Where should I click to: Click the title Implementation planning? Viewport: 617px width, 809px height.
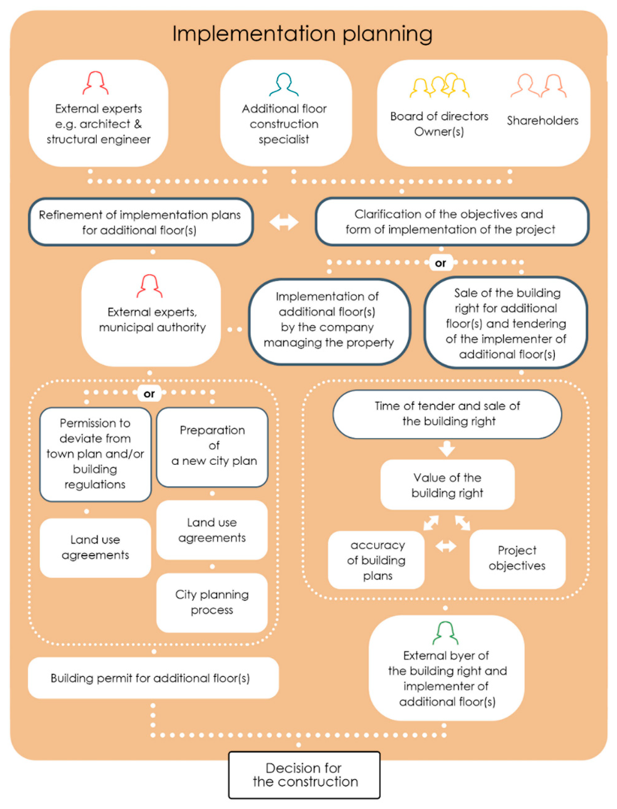coord(302,34)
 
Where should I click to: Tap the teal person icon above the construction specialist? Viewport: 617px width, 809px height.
coord(284,85)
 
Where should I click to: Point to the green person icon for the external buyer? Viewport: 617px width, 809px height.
coord(445,633)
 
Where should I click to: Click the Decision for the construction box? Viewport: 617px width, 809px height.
coord(304,775)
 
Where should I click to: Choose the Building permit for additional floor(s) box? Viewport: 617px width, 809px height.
coord(153,678)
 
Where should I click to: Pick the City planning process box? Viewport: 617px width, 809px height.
coord(212,602)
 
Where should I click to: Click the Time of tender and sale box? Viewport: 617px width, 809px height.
coord(447,414)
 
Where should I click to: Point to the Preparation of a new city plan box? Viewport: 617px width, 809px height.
coord(212,447)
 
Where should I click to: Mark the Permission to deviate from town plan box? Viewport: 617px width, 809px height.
coord(95,454)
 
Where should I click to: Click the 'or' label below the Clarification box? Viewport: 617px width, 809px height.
coord(440,263)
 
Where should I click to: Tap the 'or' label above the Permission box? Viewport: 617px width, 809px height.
coord(149,394)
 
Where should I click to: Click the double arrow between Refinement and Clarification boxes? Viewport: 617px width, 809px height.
coord(284,222)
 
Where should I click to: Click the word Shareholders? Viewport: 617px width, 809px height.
coord(542,120)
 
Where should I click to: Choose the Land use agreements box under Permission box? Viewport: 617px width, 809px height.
coord(95,547)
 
